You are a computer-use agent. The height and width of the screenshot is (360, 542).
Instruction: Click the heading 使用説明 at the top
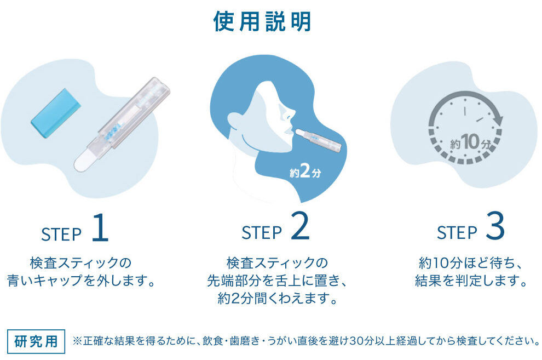click(x=262, y=21)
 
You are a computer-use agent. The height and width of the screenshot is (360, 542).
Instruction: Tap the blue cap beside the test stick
click(x=56, y=108)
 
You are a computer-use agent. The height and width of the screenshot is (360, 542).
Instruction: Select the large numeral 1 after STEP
click(x=100, y=227)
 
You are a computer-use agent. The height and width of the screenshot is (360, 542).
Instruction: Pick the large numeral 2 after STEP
click(x=300, y=226)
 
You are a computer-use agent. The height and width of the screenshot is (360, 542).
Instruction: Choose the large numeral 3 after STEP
click(x=495, y=226)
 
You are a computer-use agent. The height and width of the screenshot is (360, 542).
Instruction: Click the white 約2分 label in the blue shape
click(x=305, y=171)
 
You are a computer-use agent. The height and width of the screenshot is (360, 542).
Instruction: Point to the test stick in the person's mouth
click(x=318, y=140)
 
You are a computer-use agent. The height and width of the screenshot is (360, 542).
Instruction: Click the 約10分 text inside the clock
click(x=470, y=142)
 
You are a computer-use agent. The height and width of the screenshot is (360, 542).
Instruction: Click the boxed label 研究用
click(x=36, y=341)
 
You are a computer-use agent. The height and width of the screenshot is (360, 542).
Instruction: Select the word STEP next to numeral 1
click(x=61, y=234)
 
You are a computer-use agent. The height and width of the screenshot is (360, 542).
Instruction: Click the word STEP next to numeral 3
click(x=457, y=233)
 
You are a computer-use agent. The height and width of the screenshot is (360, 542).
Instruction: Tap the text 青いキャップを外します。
click(x=81, y=281)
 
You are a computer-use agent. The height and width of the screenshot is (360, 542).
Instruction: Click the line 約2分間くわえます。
click(x=278, y=298)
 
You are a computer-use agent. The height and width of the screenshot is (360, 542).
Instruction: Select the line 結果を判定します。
click(x=471, y=280)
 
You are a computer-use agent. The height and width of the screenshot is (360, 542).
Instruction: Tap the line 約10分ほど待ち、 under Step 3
click(x=471, y=263)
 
